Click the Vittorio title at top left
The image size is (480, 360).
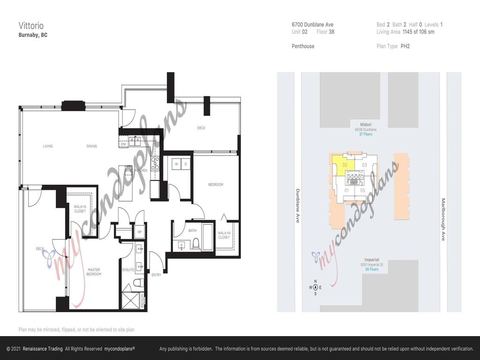click(31, 25)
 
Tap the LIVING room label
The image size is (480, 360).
click(48, 146)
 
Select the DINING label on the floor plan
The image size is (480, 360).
click(92, 146)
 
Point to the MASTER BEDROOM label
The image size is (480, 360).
click(94, 272)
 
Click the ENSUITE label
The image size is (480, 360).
click(128, 270)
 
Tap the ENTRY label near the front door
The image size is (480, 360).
click(156, 275)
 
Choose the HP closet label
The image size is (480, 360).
click(139, 232)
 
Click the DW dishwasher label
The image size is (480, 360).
click(123, 144)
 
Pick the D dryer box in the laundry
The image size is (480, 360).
click(185, 164)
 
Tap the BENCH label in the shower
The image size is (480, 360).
click(142, 301)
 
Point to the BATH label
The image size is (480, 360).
click(192, 230)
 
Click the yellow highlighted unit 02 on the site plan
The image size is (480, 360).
click(344, 165)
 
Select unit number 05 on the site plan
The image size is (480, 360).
click(362, 190)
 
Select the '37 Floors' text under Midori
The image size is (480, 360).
click(366, 135)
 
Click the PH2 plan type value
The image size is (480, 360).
click(405, 46)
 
